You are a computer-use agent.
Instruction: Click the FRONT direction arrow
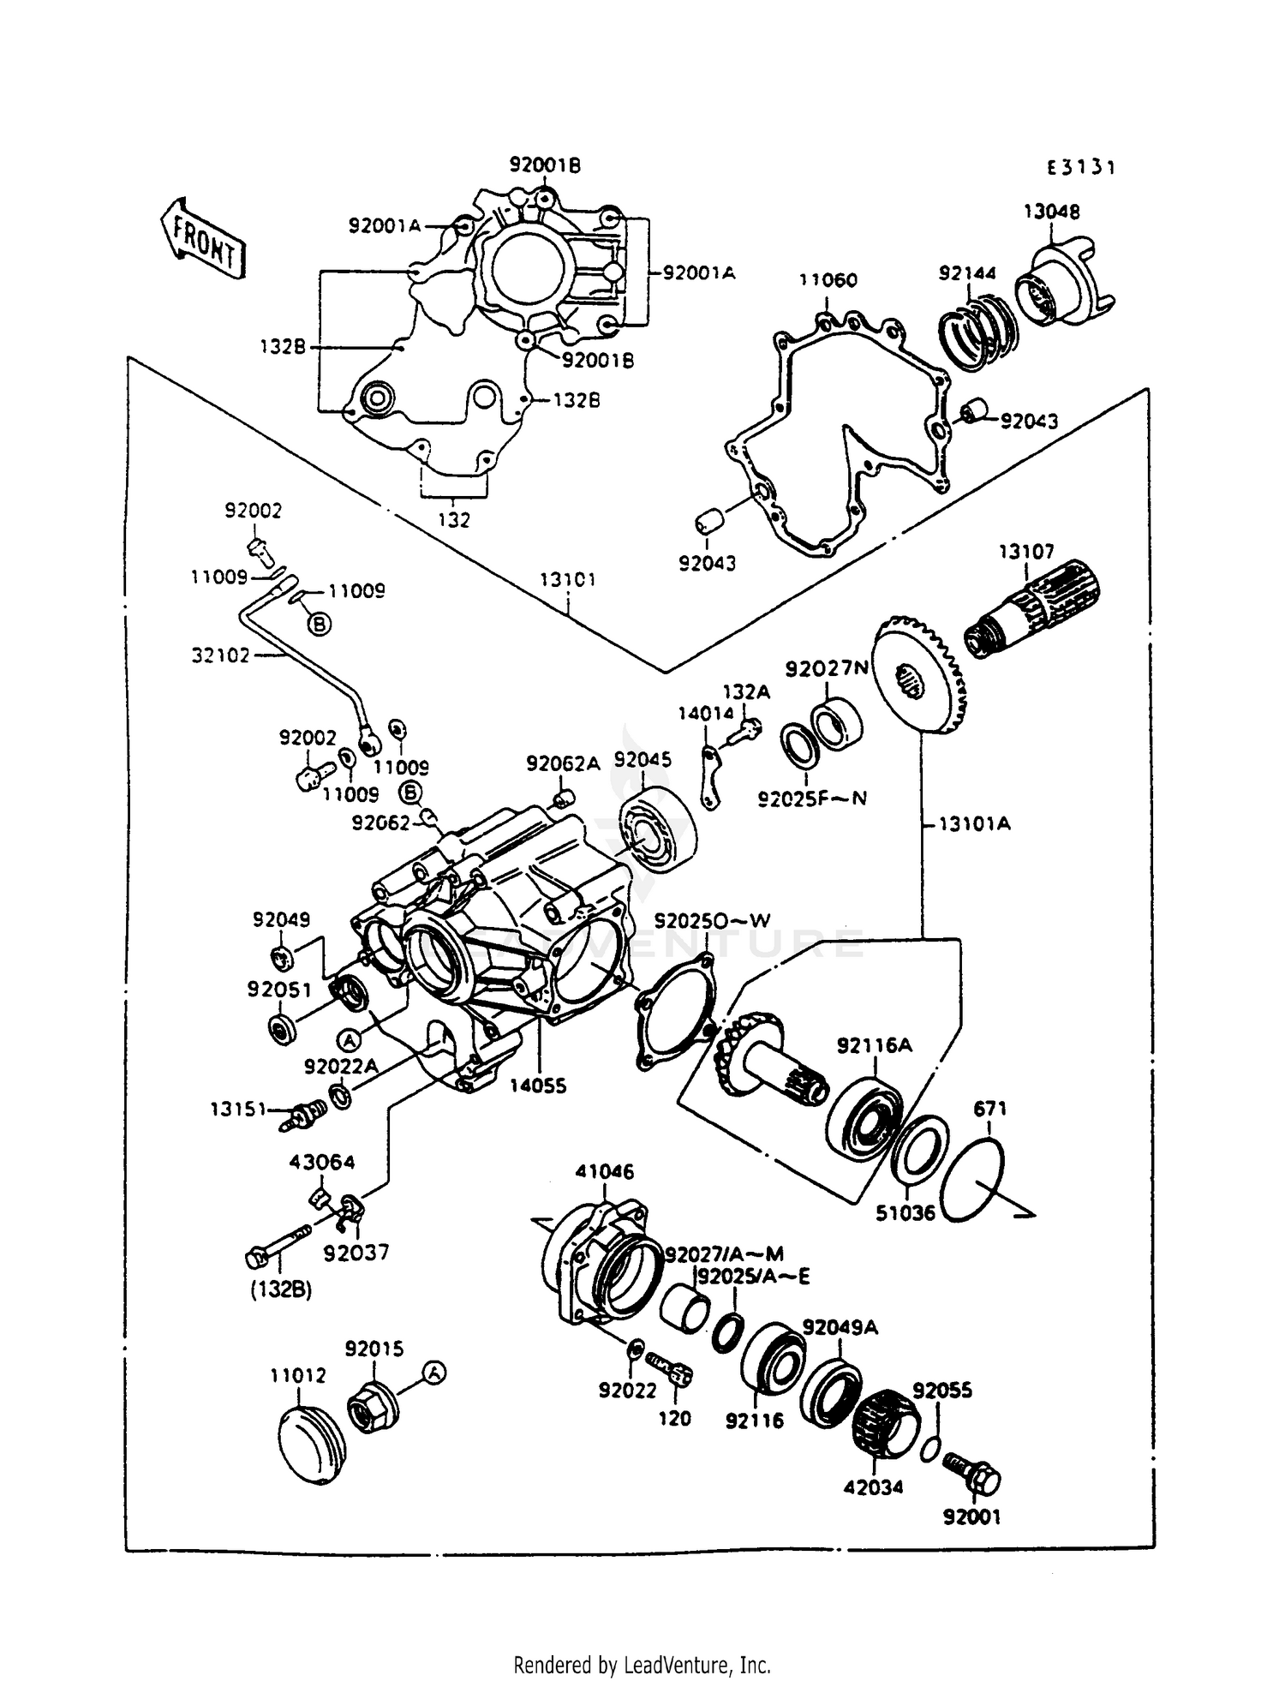(202, 239)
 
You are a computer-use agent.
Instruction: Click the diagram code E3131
(1081, 168)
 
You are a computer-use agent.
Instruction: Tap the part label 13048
(1051, 212)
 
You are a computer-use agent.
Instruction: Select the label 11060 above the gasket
(828, 280)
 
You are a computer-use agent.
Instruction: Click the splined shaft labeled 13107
(1032, 609)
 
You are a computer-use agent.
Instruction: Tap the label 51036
(905, 1213)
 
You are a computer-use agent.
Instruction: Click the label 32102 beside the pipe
(221, 655)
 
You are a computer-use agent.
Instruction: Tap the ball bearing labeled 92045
(657, 827)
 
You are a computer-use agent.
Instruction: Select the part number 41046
(605, 1171)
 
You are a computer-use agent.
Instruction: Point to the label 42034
(873, 1487)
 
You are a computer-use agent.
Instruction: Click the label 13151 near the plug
(239, 1109)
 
